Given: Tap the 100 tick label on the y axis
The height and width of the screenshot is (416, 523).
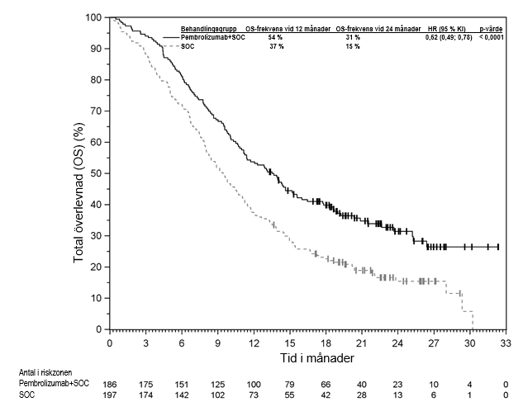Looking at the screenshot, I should click(x=94, y=17).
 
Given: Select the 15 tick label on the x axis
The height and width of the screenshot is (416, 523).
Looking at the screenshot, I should click(x=290, y=343).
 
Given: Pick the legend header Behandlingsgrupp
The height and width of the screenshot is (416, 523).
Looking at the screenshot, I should click(x=209, y=29).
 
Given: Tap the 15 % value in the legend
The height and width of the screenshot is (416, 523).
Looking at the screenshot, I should click(x=352, y=46).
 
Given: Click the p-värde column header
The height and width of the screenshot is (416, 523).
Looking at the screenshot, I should click(x=492, y=29).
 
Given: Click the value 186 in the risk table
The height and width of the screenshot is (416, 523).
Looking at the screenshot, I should click(x=109, y=385).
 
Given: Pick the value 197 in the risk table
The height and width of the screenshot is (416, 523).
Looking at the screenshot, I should click(x=109, y=397).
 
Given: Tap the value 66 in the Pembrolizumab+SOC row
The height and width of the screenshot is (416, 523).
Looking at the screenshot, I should click(x=326, y=385).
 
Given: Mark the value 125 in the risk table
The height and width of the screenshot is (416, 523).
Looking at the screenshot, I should click(x=217, y=385).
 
